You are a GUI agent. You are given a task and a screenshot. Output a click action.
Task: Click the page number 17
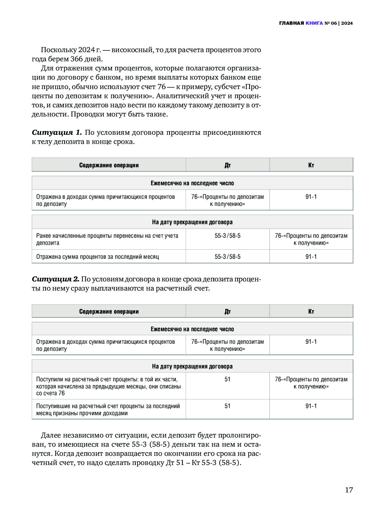[x=349, y=490]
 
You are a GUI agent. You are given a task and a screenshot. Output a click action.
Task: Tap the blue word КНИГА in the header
[x=314, y=23]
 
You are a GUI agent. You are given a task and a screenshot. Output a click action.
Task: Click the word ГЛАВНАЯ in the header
[x=291, y=23]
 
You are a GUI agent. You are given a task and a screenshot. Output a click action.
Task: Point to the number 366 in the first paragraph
[x=77, y=59]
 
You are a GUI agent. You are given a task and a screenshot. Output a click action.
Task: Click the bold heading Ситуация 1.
[x=57, y=132]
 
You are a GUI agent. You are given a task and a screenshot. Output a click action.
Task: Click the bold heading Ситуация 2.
[x=55, y=279]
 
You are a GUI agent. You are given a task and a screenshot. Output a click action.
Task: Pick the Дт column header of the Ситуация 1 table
[x=228, y=165]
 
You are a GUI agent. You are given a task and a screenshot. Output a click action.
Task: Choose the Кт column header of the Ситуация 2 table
[x=311, y=312]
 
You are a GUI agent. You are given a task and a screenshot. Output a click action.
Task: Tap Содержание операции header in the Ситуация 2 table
[x=109, y=312]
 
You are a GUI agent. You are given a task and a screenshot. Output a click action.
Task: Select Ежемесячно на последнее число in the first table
[x=192, y=183]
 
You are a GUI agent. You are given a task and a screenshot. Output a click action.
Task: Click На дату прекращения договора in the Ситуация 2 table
[x=192, y=366]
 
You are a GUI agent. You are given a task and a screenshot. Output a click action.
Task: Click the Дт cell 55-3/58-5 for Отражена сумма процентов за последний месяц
[x=228, y=257]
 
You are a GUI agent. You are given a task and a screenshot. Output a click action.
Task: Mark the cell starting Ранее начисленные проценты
[x=107, y=239]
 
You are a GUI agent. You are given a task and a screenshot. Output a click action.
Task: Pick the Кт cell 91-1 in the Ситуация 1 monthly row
[x=311, y=197]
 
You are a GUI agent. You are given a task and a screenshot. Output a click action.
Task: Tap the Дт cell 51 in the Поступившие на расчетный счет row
[x=228, y=406]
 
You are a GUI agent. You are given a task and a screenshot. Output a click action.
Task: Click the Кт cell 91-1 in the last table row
[x=311, y=406]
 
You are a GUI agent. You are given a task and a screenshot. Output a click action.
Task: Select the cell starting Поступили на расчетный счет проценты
[x=108, y=386]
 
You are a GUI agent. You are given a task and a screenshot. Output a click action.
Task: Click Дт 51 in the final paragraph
[x=175, y=463]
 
